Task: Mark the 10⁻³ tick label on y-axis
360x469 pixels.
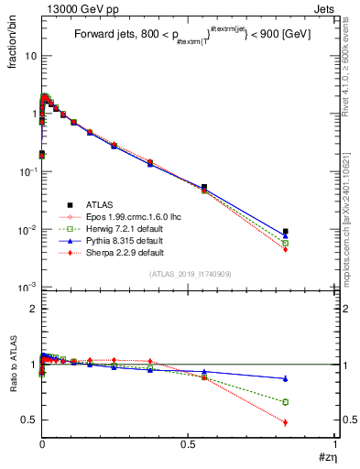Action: click(26, 288)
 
